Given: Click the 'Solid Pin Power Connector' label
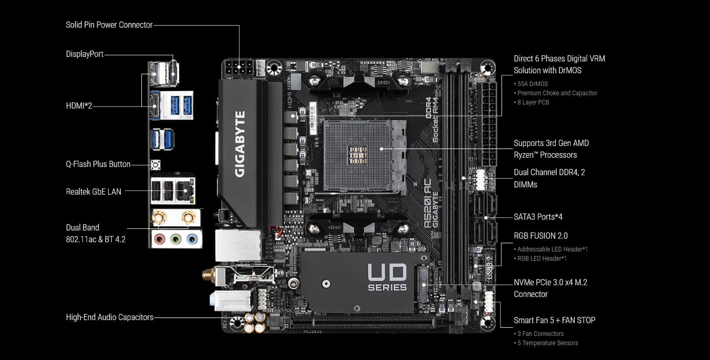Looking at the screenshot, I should coord(109,25).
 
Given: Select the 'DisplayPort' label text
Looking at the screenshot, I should coord(85,54).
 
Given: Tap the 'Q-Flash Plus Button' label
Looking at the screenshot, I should coord(98,164).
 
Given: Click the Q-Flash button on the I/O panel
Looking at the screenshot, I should coord(155,165).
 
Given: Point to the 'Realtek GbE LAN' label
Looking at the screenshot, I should coord(94,192).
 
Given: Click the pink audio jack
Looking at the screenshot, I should coord(160,238).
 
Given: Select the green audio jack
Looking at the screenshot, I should coord(176,238).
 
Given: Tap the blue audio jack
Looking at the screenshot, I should coord(192,238).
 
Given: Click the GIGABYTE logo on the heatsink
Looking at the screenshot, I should coord(240,144).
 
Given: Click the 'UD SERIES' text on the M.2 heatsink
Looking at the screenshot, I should coord(387,277).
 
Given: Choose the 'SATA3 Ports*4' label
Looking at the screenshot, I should coord(538,217).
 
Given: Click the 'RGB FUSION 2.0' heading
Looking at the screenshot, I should coord(540,236).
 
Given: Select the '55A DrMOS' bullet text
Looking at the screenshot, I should coord(532,83).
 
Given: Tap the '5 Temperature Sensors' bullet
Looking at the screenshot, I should coord(548,343).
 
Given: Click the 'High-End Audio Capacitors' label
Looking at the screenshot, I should coord(110,317).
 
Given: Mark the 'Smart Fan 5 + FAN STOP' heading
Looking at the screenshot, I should coord(554,320).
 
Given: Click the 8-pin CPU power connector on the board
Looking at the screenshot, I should coord(239,67).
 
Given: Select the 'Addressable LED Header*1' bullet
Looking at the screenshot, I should coord(552,249).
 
